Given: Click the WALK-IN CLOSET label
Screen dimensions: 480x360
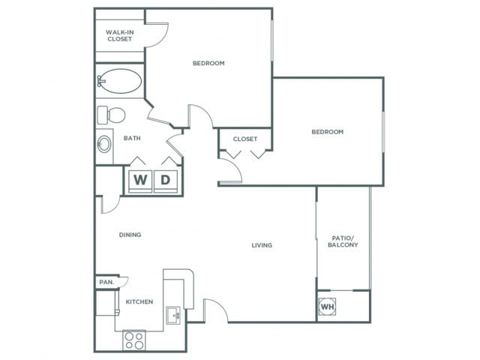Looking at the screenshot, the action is tap(120, 35).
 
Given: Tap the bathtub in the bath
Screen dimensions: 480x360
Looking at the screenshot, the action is tap(120, 81).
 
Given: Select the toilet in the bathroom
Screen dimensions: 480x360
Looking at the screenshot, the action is tap(111, 115).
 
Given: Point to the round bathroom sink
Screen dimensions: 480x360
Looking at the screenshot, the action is tap(104, 144).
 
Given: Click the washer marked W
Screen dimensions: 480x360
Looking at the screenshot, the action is tap(140, 181).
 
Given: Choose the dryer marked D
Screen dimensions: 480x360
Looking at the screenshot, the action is tap(165, 181).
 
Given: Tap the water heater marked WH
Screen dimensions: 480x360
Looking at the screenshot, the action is tap(327, 307).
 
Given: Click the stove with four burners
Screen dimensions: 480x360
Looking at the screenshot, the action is tap(134, 340).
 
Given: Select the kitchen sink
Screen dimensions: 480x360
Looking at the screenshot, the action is tap(174, 315).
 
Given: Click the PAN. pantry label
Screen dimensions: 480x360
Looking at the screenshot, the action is tap(106, 282).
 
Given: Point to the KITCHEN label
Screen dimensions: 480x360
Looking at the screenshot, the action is tap(139, 301).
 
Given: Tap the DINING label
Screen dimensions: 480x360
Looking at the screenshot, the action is tap(130, 235).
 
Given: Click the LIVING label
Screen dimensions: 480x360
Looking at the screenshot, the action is tap(262, 245).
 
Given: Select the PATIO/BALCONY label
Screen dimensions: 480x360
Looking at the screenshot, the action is tap(343, 241).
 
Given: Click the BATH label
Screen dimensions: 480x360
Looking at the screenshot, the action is tap(132, 138).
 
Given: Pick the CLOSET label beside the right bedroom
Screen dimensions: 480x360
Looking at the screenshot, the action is tap(245, 139).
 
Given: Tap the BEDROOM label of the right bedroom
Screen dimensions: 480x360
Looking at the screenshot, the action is tap(327, 132).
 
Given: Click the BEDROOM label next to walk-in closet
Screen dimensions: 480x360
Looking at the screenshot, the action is tap(208, 63).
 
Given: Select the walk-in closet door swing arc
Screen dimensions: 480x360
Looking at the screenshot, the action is tap(163, 39).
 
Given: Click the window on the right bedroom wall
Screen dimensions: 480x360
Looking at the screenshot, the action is tap(383, 132).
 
